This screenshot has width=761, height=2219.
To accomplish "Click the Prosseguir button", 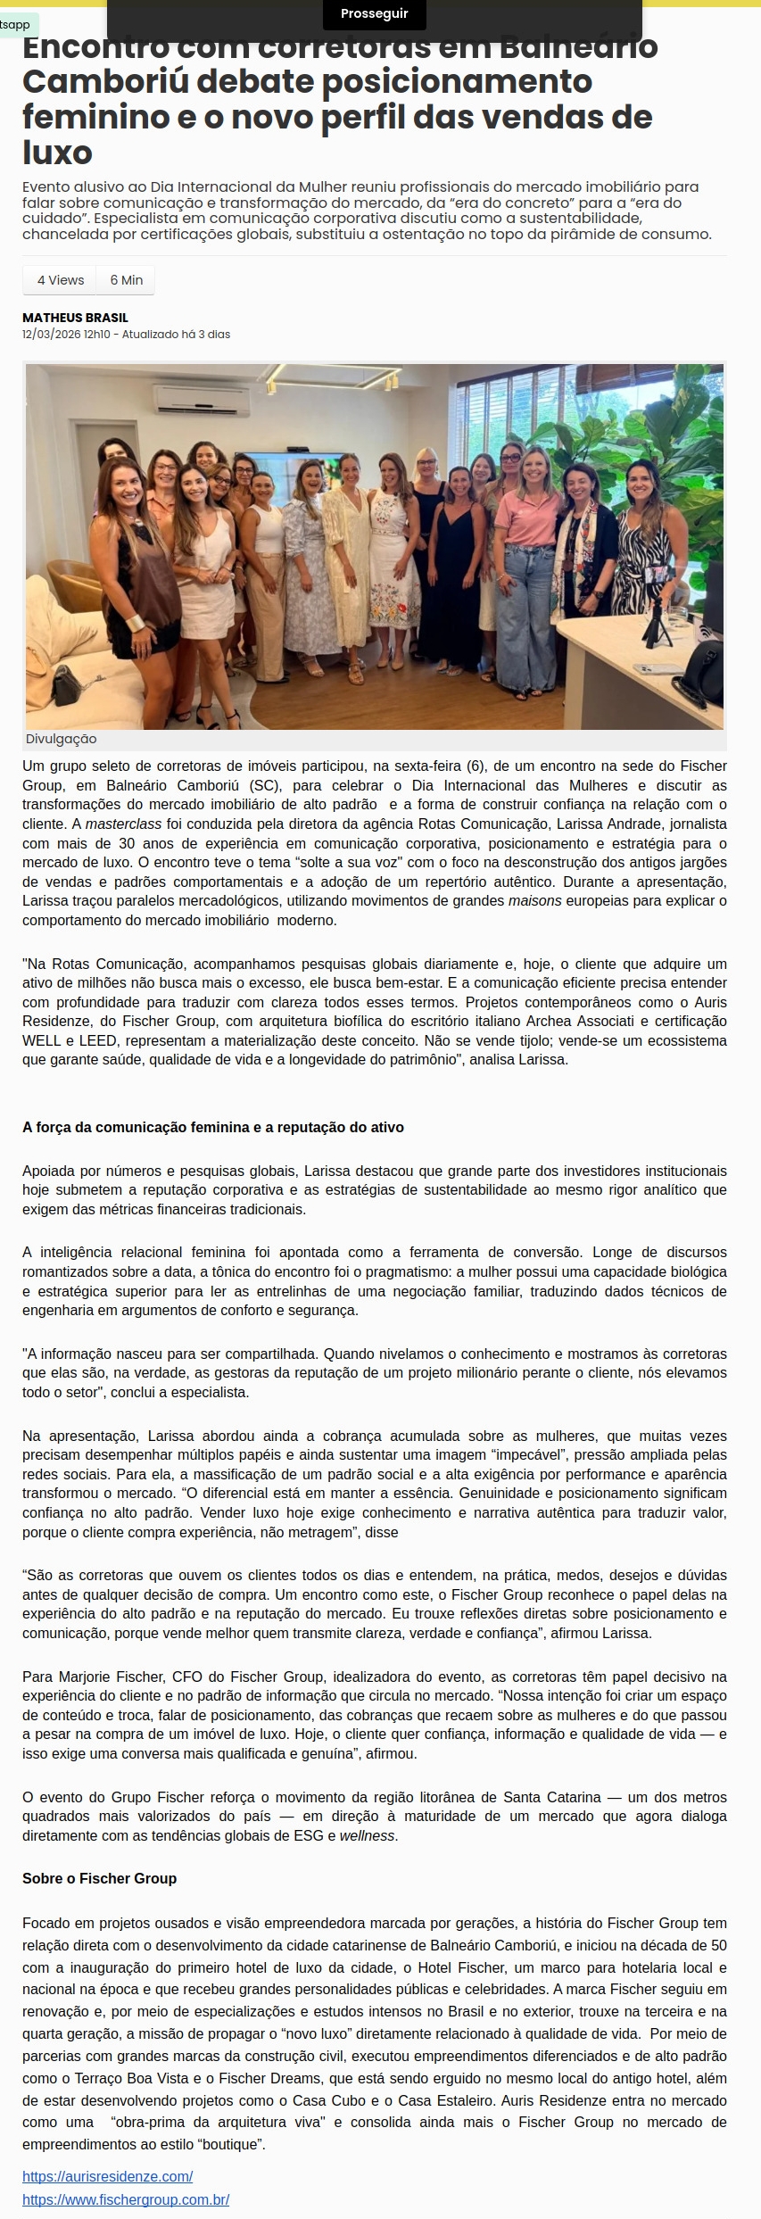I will (374, 14).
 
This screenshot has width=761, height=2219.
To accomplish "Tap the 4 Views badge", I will (61, 280).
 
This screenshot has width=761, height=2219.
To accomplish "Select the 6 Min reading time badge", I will (127, 280).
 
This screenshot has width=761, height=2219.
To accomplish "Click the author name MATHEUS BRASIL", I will (75, 318).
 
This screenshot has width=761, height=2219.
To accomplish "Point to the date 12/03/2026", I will (52, 335).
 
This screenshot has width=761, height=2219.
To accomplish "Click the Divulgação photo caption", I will (61, 739).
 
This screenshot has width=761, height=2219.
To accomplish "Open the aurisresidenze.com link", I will (107, 2176).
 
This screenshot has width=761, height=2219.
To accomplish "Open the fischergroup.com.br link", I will (126, 2199).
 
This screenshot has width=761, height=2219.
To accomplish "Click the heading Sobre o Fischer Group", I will (99, 1878).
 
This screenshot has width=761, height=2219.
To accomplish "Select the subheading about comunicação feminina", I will (212, 1127).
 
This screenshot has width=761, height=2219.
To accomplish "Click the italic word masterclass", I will (123, 824).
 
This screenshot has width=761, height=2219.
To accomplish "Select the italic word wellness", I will (367, 1835).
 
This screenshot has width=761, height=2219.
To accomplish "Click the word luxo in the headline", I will (57, 153).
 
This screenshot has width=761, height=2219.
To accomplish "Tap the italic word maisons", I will (534, 900).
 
